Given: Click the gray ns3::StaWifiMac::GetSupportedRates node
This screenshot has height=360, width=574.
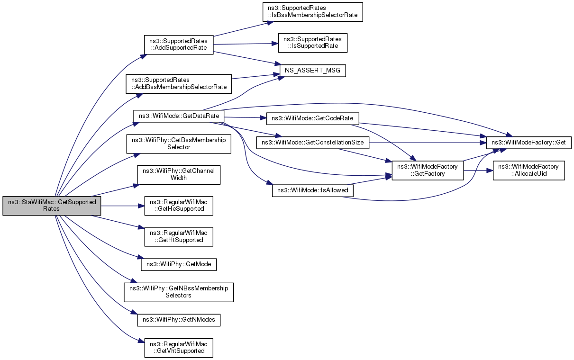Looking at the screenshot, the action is pyautogui.click(x=52, y=206).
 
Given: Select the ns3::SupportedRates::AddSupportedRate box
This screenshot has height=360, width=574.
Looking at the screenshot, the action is pyautogui.click(x=179, y=45).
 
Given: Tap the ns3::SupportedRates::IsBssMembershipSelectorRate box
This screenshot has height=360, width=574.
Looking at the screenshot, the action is pyautogui.click(x=313, y=12).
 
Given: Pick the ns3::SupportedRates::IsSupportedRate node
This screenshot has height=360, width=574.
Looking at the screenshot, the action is pyautogui.click(x=313, y=43).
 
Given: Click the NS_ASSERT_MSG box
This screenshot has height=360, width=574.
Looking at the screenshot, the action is pyautogui.click(x=313, y=71).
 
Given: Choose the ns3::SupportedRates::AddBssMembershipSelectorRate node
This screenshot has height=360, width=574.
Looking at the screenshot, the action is pyautogui.click(x=179, y=84).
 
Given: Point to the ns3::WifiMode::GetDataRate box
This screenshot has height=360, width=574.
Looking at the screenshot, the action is pyautogui.click(x=179, y=116).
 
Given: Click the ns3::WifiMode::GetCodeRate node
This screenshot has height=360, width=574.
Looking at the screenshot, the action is pyautogui.click(x=313, y=119).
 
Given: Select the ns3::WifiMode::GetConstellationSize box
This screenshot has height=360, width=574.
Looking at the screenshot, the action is pyautogui.click(x=313, y=143).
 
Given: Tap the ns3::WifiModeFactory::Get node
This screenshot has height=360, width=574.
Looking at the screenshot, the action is pyautogui.click(x=529, y=143).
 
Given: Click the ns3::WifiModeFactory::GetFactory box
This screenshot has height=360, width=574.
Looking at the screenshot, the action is pyautogui.click(x=428, y=171).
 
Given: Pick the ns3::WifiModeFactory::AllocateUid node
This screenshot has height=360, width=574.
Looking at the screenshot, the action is pyautogui.click(x=529, y=171).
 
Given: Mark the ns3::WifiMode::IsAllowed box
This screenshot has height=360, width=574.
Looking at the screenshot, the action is pyautogui.click(x=313, y=191).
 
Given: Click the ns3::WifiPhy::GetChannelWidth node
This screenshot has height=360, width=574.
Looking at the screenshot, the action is pyautogui.click(x=179, y=175).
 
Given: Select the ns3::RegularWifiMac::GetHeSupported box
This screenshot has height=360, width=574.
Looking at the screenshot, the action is pyautogui.click(x=179, y=206).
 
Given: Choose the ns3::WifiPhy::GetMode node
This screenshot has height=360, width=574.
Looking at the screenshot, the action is pyautogui.click(x=179, y=264).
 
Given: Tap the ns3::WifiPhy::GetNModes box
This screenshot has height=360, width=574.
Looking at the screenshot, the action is pyautogui.click(x=179, y=320).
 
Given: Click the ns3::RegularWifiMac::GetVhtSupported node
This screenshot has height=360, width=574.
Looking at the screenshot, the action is pyautogui.click(x=179, y=348).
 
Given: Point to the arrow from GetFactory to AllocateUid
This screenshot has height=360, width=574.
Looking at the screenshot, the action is pyautogui.click(x=478, y=171).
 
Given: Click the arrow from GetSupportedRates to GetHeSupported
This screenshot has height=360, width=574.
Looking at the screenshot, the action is pyautogui.click(x=123, y=206).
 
